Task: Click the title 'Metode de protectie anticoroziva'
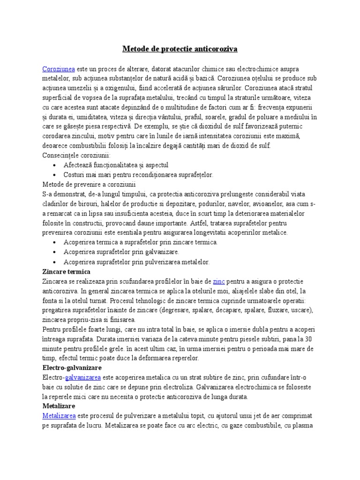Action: click(180, 49)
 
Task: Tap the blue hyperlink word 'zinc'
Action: click(219, 281)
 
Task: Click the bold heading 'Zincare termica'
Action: click(66, 272)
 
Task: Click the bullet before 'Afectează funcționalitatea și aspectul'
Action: click(55, 165)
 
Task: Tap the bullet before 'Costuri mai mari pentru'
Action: click(55, 175)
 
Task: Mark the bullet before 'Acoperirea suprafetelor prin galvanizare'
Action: click(55, 252)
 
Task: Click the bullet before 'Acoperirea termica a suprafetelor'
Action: click(55, 242)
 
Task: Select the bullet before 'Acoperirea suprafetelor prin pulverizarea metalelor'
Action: click(55, 262)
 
